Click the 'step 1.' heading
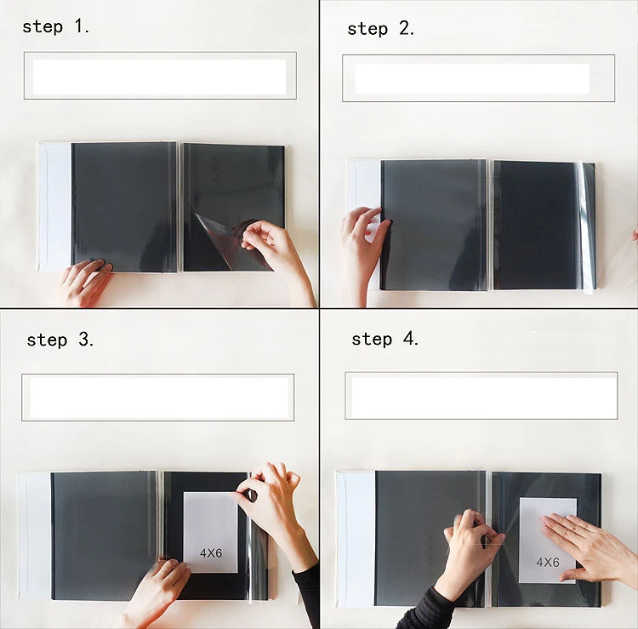pos(56,27)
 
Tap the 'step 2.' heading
pos(381,29)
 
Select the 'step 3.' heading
pos(60,340)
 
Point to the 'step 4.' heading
pos(385,339)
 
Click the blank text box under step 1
pos(160,76)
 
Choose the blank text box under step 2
pos(478,78)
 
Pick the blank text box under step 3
pos(158,397)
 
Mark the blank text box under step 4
pos(481,395)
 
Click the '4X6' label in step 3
pos(211,553)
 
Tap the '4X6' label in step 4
pos(548,563)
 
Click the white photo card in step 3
pos(210,532)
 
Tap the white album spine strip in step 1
pos(55,207)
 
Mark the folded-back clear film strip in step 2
pos(587,227)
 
